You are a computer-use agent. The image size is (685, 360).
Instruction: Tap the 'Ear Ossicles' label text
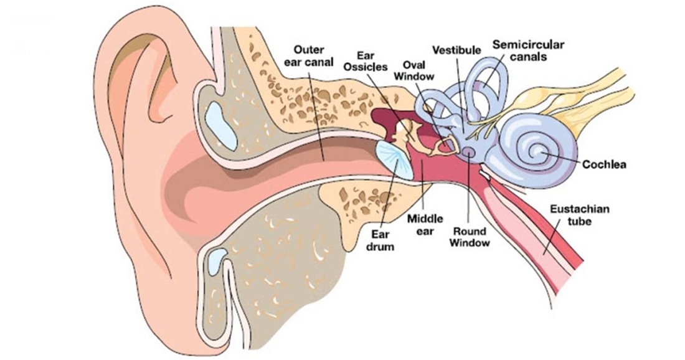(x=373, y=60)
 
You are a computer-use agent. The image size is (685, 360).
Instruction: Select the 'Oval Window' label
(x=413, y=69)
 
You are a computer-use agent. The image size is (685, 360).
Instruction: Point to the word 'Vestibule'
(x=455, y=49)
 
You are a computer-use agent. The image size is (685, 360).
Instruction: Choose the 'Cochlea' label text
(x=604, y=164)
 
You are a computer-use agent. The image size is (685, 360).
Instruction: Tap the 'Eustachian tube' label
(x=579, y=216)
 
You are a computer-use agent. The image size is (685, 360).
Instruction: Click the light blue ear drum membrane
(x=394, y=159)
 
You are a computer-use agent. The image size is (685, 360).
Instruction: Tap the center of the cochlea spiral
(x=537, y=150)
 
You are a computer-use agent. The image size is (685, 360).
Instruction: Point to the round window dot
(x=468, y=151)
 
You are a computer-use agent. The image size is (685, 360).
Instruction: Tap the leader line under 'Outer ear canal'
(x=323, y=115)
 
